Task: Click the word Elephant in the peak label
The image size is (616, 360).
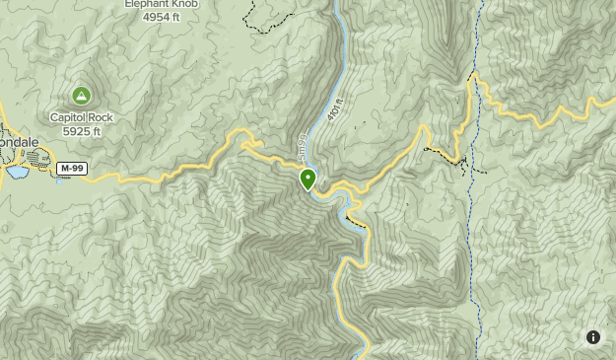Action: [144, 4]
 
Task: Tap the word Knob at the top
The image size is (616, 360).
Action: [185, 4]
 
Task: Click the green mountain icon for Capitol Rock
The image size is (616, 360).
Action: [81, 96]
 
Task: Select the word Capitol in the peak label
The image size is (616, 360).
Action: [70, 117]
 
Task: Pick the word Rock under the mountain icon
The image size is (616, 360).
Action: [103, 117]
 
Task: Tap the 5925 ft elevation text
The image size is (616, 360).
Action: [83, 130]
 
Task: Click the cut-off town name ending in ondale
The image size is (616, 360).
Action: [19, 141]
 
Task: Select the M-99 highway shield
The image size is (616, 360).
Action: [69, 169]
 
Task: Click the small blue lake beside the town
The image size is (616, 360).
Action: [17, 173]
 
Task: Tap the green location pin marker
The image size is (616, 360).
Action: [308, 179]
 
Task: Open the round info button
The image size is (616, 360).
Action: [593, 337]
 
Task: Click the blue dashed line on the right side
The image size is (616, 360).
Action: [478, 247]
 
